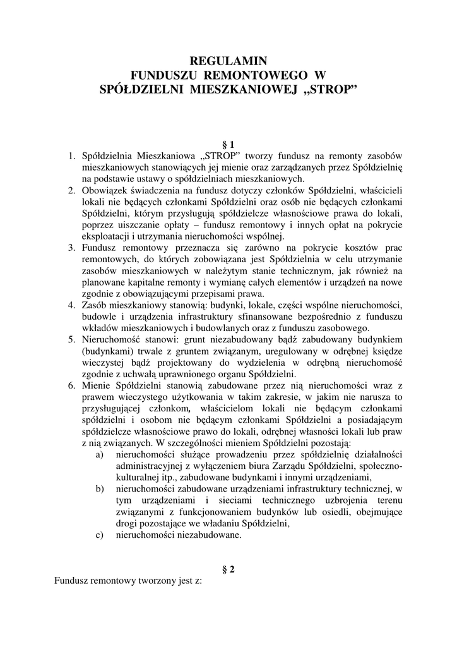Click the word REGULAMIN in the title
click(x=228, y=62)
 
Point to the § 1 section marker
click(x=228, y=145)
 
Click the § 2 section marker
click(x=228, y=569)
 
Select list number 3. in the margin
click(x=73, y=248)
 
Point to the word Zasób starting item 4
click(x=95, y=305)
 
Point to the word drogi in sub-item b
click(x=126, y=523)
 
